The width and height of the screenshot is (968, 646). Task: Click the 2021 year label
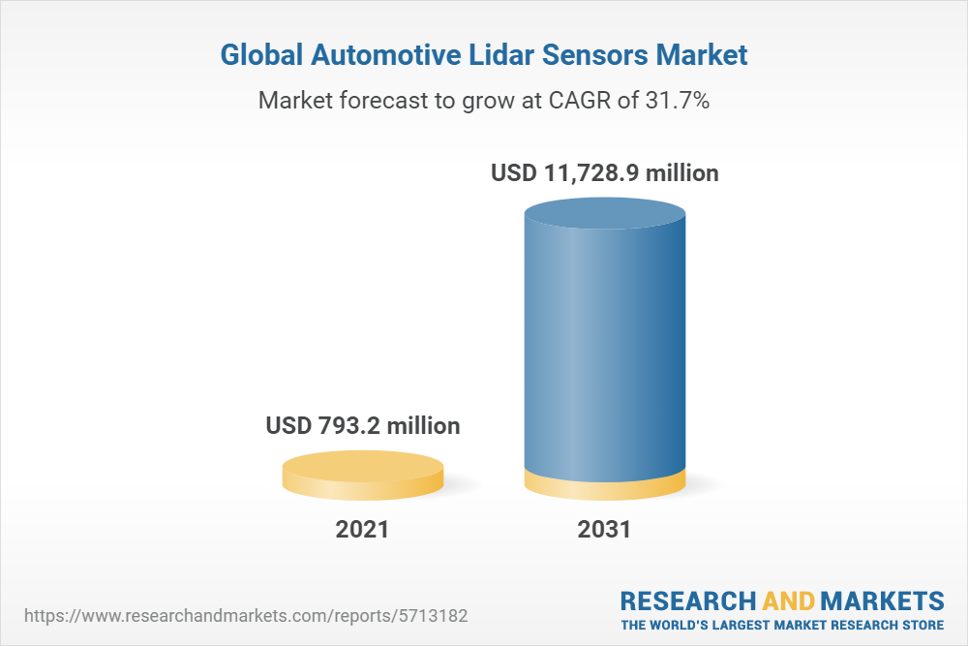coord(362,530)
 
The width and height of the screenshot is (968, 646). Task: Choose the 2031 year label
coord(604,530)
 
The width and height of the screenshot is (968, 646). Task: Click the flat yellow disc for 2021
coord(363,475)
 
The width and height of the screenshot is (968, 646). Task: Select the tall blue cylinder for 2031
coord(604,349)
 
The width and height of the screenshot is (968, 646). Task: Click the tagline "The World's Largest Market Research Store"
coord(782,625)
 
